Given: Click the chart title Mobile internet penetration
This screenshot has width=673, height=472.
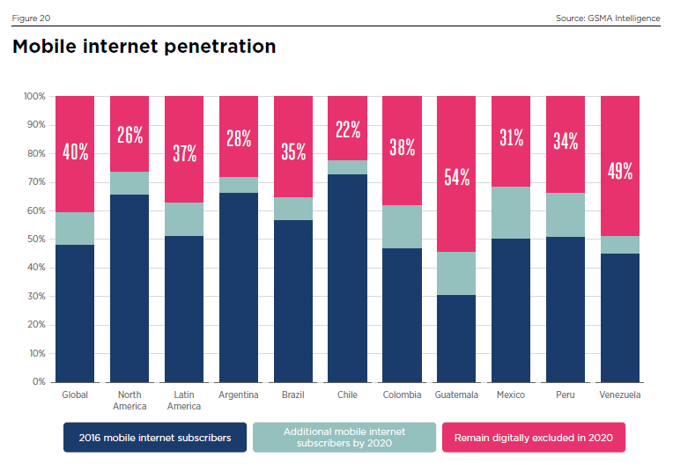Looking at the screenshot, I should [x=144, y=47].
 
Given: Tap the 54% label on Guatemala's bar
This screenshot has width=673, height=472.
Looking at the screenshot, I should [x=456, y=176].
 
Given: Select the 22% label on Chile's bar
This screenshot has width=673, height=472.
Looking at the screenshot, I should [x=348, y=130].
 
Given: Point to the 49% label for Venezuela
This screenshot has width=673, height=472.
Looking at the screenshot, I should [x=620, y=171].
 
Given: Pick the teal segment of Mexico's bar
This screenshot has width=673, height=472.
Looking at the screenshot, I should [x=511, y=212].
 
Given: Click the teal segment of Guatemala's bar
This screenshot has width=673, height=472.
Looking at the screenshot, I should [x=456, y=273].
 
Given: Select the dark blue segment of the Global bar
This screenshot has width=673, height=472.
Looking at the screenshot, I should [x=75, y=313].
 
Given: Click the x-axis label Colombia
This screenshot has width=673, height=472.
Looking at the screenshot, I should [x=402, y=395].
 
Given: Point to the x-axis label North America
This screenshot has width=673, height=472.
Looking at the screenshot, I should [x=129, y=401].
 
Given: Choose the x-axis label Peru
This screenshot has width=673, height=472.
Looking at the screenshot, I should [x=566, y=395].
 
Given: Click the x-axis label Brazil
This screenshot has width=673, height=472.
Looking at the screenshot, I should [x=293, y=395].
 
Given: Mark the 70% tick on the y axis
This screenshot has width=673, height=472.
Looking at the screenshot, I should [x=35, y=182].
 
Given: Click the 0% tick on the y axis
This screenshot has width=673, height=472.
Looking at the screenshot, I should [x=38, y=382].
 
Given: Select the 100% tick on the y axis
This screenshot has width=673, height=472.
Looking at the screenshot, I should [x=33, y=96].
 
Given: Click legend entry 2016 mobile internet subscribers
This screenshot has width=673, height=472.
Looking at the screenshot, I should [x=155, y=437].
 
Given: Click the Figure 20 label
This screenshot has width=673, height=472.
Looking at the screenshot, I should [x=31, y=18].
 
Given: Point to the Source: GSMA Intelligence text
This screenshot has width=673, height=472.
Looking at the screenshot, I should [x=608, y=18].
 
